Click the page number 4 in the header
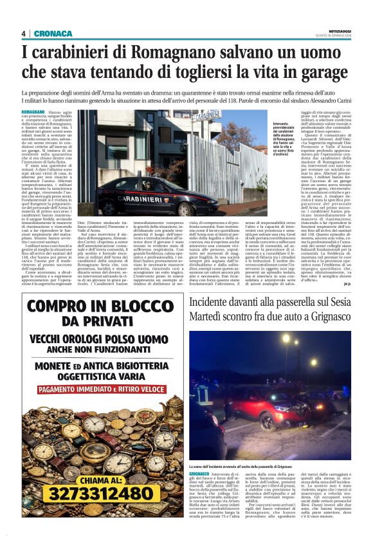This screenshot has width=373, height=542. click(24, 33)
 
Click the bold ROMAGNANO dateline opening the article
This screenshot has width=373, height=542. click(33, 112)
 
